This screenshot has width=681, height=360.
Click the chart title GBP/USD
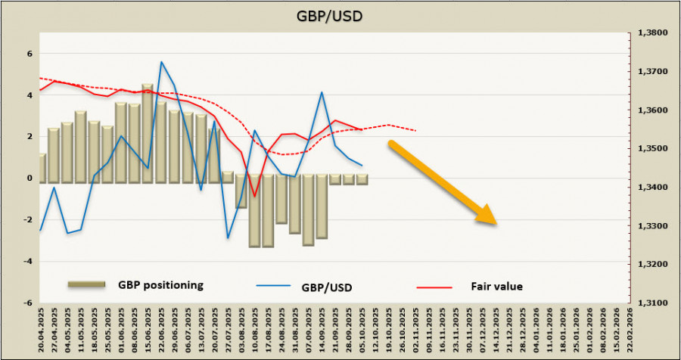point(340,14)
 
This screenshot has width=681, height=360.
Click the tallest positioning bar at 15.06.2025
point(147,132)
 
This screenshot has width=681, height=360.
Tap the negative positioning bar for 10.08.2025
point(254,212)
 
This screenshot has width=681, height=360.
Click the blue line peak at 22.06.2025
point(161,62)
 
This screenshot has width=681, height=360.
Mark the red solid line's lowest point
point(255,197)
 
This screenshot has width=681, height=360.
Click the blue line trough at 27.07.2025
point(228,238)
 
